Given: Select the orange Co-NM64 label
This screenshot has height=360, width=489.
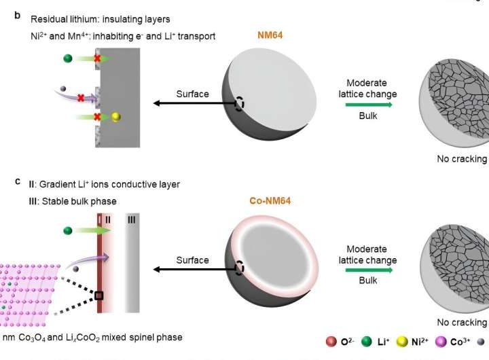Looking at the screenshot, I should pyautogui.click(x=272, y=202).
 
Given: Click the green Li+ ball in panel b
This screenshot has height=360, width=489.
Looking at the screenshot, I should pyautogui.click(x=67, y=58).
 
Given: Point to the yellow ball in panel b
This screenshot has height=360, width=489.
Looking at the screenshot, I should pyautogui.click(x=116, y=117).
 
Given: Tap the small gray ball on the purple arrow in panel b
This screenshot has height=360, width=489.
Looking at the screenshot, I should pyautogui.click(x=64, y=88).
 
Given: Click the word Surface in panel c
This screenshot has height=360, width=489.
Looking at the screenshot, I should pyautogui.click(x=192, y=260).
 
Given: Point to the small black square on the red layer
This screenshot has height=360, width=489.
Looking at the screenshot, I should pyautogui.click(x=99, y=295).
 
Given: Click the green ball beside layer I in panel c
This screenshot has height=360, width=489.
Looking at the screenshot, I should pyautogui.click(x=67, y=230).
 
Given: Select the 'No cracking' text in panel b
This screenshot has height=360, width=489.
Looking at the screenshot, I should pyautogui.click(x=462, y=159).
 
